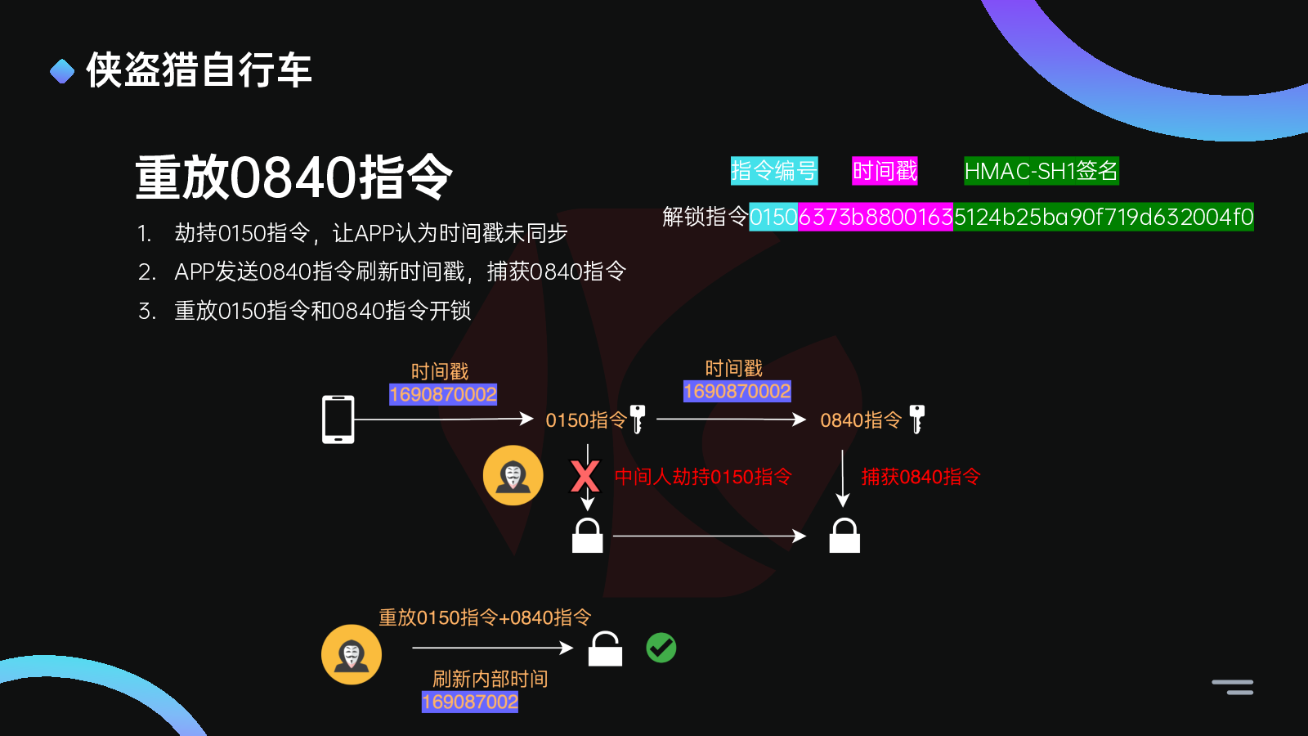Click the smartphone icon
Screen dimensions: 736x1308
click(338, 420)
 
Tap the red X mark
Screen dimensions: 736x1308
click(585, 476)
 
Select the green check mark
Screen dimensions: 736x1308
click(661, 648)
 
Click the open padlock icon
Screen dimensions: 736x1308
click(605, 649)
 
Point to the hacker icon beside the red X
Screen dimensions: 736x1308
click(513, 475)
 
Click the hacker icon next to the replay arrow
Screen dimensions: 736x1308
click(352, 654)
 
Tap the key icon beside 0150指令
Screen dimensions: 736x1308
click(638, 419)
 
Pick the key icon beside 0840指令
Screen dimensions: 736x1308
click(917, 419)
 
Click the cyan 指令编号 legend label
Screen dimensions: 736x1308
click(773, 171)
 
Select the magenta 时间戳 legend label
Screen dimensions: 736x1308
click(885, 171)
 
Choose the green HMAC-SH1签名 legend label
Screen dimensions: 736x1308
click(1041, 171)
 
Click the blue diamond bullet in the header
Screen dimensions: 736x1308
click(62, 71)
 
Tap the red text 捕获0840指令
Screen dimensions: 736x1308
click(921, 477)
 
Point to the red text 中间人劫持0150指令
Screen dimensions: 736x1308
click(703, 477)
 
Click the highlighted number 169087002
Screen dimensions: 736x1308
click(469, 702)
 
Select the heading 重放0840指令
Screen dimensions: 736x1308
click(293, 177)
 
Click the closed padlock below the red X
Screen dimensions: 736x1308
click(587, 536)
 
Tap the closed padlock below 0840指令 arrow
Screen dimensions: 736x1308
click(844, 536)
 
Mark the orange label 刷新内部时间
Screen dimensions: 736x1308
click(490, 679)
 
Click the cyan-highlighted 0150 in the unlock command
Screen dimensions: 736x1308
click(773, 217)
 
